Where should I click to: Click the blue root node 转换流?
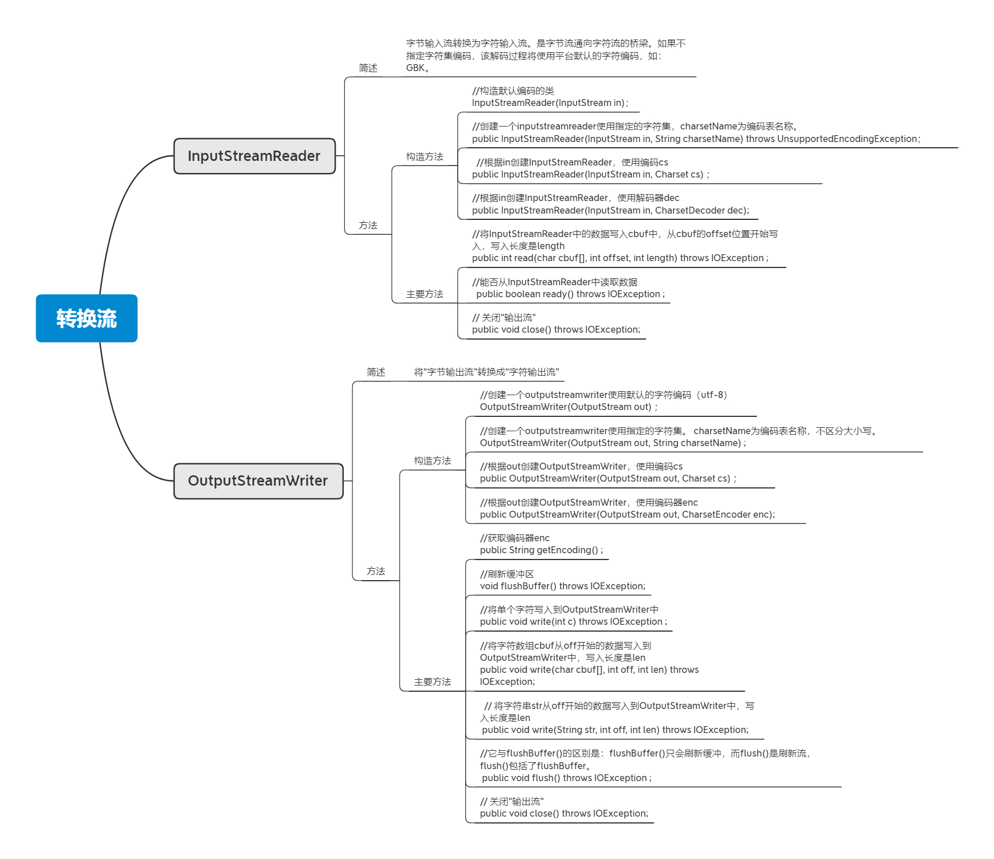tap(87, 318)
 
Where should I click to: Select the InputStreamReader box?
tap(254, 156)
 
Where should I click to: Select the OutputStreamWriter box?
tap(258, 480)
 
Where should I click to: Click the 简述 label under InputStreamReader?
tap(368, 68)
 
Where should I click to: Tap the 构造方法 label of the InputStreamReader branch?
tap(425, 156)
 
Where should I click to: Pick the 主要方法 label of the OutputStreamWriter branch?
tap(433, 681)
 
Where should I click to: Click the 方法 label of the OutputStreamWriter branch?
tap(376, 571)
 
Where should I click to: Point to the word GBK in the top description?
tap(415, 68)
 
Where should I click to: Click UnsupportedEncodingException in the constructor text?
tap(847, 139)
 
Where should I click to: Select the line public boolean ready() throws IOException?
tap(570, 294)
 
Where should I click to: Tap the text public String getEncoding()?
tap(541, 550)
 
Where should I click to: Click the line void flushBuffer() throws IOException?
tap(562, 586)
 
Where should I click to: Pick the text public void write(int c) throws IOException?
tap(573, 621)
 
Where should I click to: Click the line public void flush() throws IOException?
tap(566, 778)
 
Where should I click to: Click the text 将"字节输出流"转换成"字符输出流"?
tap(486, 372)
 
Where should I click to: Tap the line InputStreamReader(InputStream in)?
tap(549, 103)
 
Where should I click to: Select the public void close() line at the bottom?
tap(564, 813)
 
